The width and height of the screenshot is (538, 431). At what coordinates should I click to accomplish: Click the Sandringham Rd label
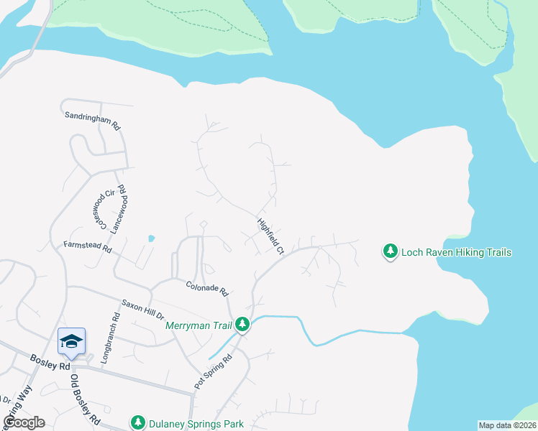pos(91,119)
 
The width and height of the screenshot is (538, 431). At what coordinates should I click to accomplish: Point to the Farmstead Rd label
pos(88,248)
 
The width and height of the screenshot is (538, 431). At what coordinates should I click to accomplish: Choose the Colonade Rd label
pos(206,289)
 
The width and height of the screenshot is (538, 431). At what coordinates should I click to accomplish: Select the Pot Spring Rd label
pos(214,372)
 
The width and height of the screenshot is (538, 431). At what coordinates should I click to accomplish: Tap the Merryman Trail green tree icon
pos(243,325)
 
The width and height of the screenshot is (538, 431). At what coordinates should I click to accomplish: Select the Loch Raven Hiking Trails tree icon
pos(391,251)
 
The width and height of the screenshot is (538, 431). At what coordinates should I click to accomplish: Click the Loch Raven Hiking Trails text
pos(456,252)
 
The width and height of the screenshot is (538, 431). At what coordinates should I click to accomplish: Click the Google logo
pos(24,422)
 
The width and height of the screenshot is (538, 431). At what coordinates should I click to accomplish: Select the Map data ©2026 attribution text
pos(507,425)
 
